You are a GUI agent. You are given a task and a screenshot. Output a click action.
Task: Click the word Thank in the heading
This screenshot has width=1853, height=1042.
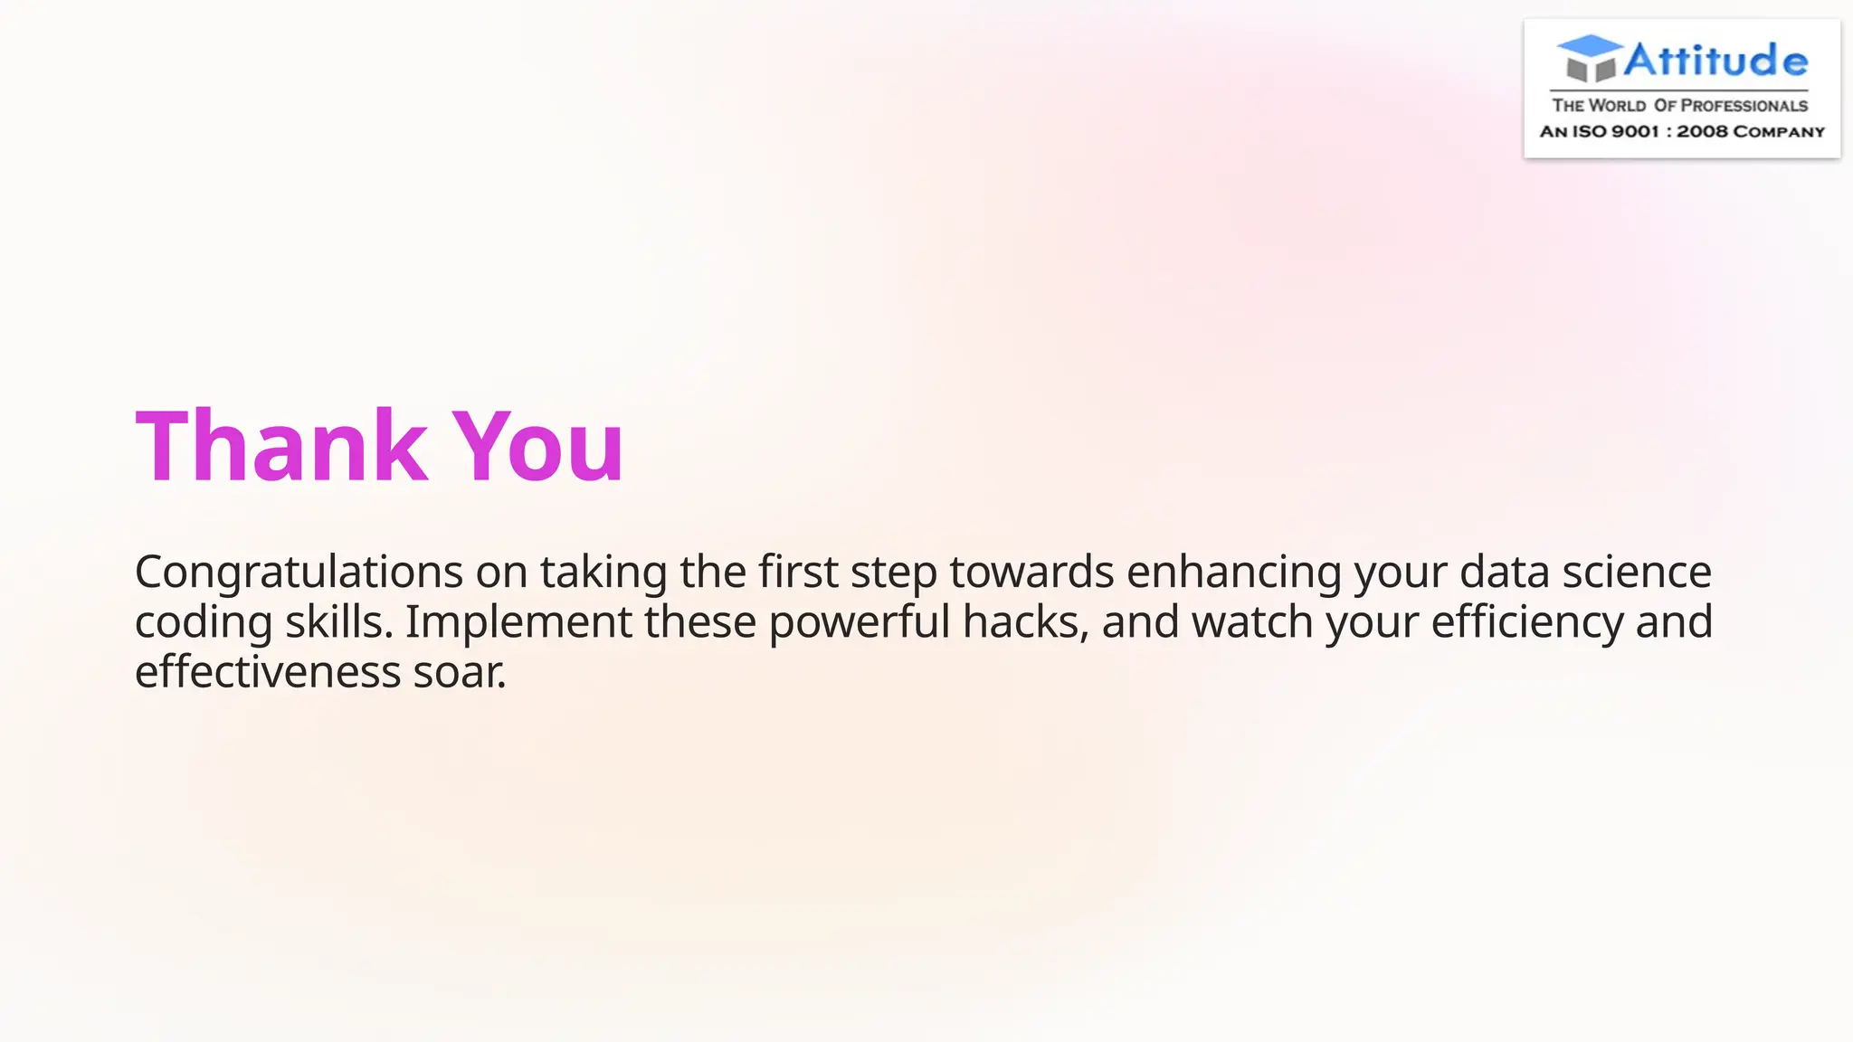tap(281, 446)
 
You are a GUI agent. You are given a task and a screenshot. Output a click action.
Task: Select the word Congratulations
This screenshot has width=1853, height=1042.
tap(299, 573)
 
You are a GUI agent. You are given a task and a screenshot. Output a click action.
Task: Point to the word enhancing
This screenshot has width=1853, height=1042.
tap(1233, 573)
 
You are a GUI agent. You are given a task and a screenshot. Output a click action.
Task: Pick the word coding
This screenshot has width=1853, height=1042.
tap(204, 623)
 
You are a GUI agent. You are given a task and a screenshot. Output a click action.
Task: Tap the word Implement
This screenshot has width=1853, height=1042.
tap(518, 622)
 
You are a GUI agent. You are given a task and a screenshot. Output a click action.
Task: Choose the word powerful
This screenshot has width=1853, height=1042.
tap(860, 622)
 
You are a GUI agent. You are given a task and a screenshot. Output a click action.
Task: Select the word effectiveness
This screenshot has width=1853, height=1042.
tap(268, 672)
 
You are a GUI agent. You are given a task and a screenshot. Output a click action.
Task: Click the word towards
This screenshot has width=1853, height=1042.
tap(1031, 572)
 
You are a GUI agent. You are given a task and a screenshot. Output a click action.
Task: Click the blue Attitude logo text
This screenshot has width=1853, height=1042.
tap(1715, 61)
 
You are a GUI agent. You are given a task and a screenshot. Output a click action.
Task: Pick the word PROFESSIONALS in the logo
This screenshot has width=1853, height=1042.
tap(1744, 106)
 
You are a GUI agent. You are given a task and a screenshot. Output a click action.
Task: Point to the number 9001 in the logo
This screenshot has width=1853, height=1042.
tap(1635, 132)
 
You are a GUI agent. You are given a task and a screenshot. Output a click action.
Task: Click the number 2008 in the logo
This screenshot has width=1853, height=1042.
tap(1702, 132)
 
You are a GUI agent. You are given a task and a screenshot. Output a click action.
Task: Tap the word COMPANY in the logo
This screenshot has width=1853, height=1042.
tap(1779, 132)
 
